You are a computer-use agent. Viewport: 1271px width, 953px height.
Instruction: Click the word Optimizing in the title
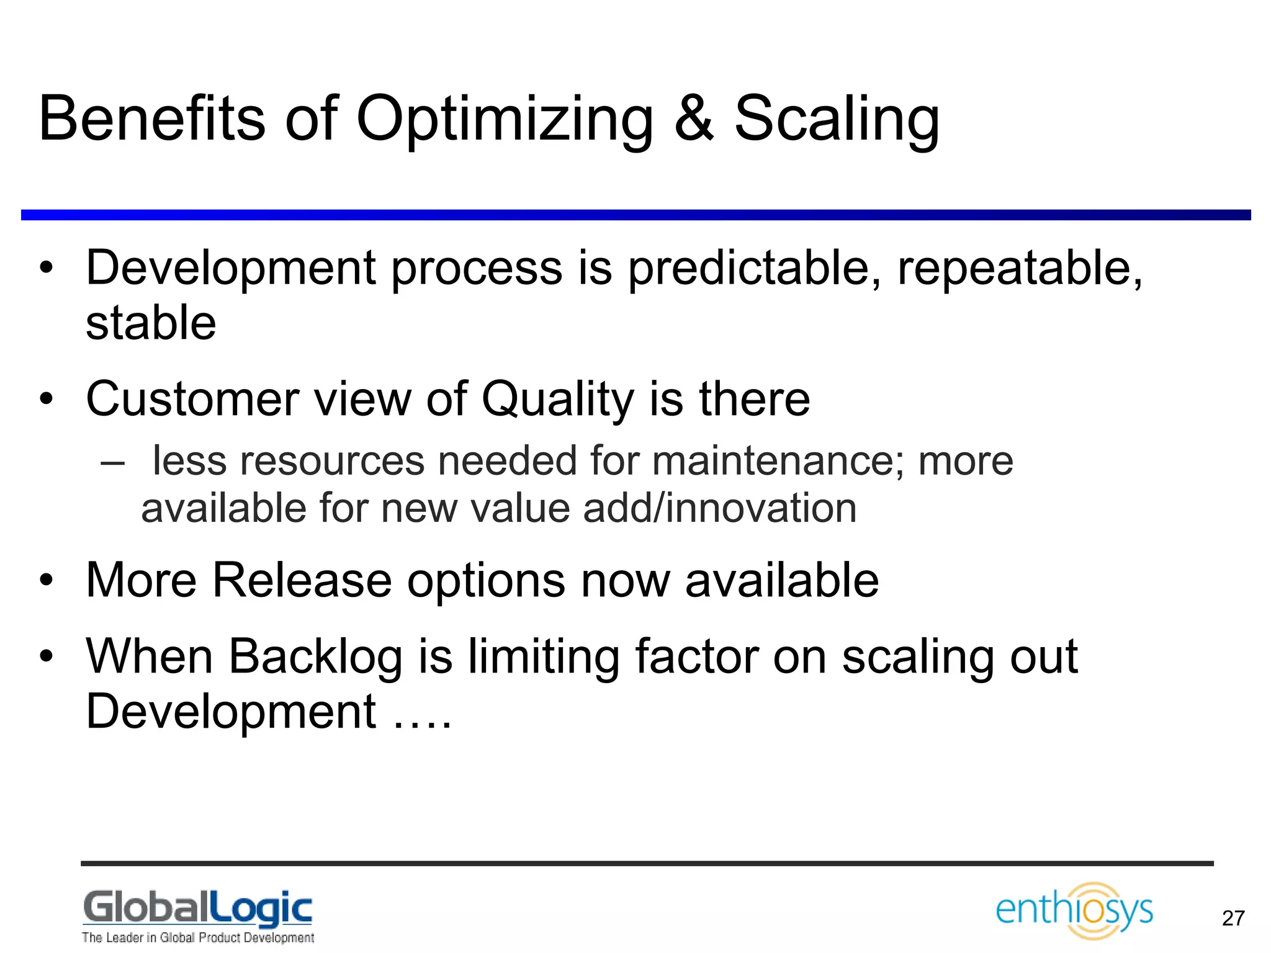(504, 119)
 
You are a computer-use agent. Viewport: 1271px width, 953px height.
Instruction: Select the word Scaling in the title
(837, 119)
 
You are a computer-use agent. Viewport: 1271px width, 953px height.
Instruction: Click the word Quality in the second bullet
(557, 399)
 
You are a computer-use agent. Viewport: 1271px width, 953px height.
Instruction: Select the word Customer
(193, 399)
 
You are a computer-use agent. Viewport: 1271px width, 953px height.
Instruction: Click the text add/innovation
(720, 508)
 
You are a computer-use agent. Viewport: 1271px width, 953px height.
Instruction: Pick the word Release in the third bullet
(302, 580)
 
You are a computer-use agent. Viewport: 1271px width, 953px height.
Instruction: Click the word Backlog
(316, 656)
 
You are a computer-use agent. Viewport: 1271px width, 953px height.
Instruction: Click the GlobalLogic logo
(197, 907)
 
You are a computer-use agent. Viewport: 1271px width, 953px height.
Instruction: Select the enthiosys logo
(1074, 910)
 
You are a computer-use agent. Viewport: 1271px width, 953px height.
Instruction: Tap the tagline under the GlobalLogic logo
(197, 937)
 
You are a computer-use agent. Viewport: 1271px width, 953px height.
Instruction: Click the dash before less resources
(112, 462)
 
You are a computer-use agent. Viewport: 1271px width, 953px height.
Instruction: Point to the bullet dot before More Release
(47, 580)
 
